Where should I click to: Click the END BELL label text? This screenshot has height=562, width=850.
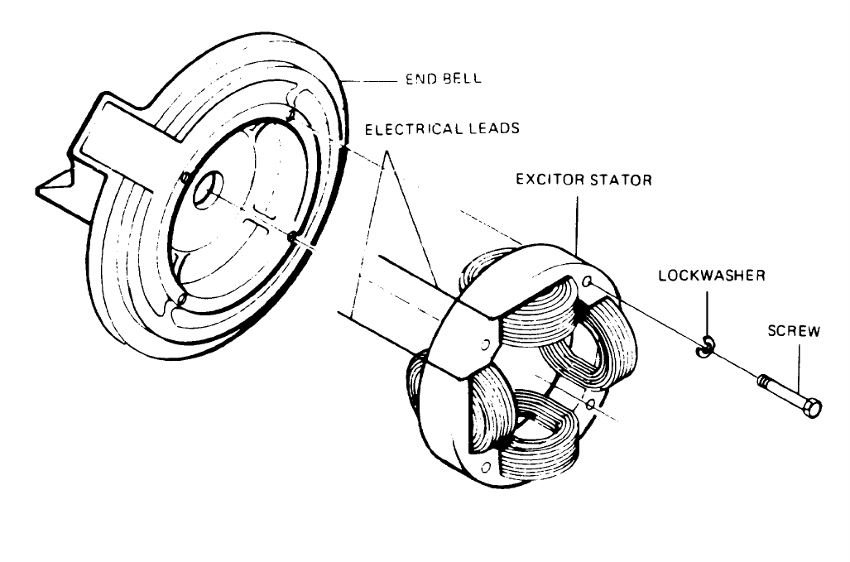click(444, 80)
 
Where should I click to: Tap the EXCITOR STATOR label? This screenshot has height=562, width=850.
click(583, 180)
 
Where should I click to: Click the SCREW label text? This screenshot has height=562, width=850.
click(792, 332)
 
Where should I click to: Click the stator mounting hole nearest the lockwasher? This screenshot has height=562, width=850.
click(586, 282)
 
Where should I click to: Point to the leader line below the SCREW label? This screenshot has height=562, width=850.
click(798, 364)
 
